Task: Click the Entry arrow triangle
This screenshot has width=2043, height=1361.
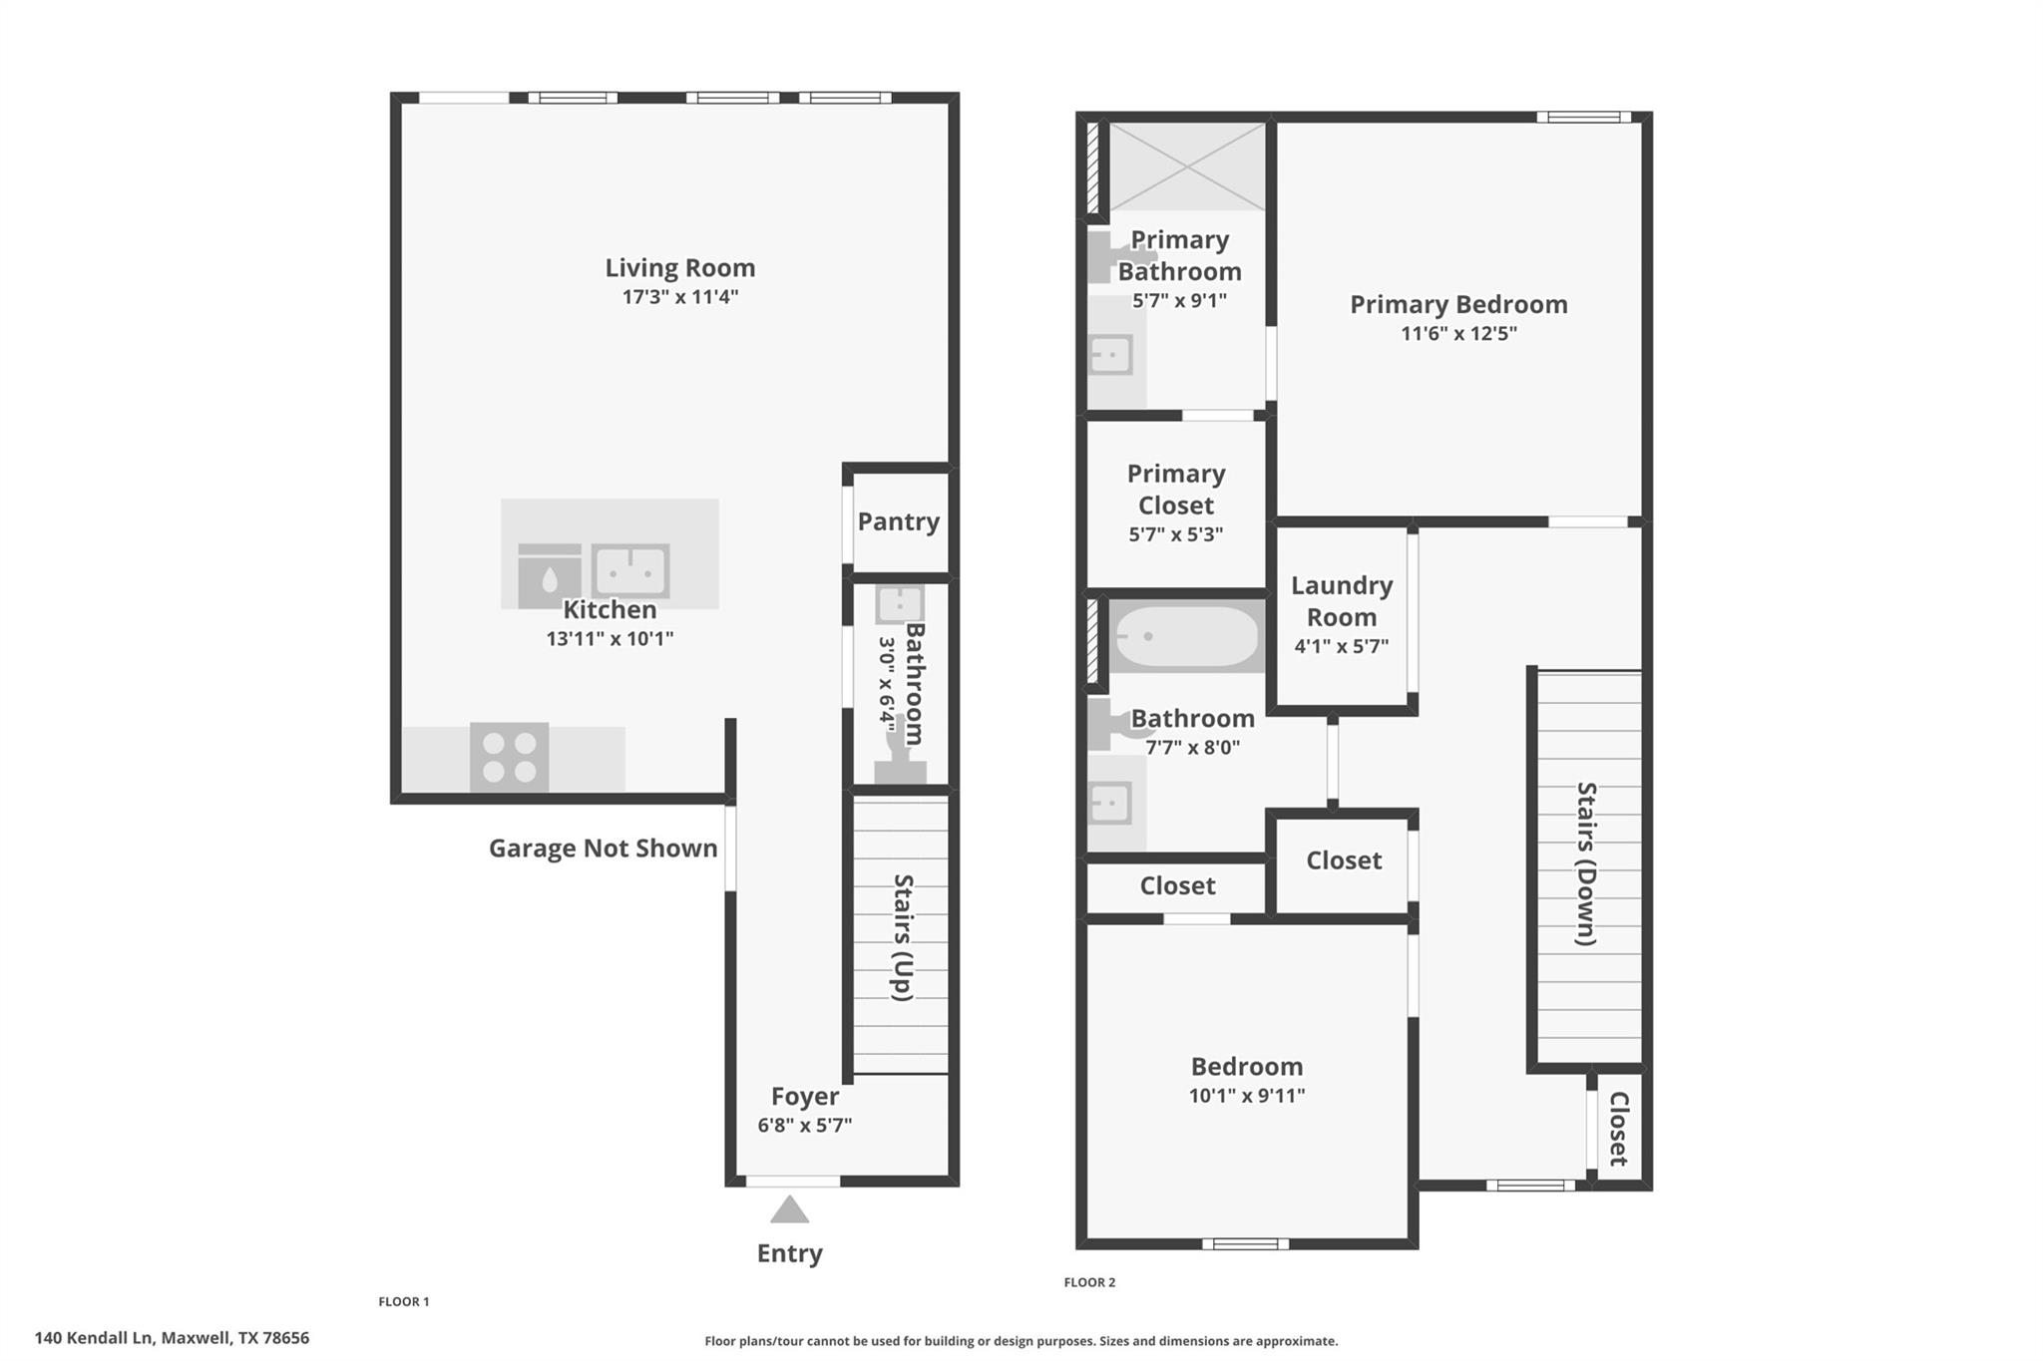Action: [789, 1210]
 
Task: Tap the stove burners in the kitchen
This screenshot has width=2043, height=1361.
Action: [509, 757]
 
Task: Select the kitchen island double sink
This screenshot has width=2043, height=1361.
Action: [629, 571]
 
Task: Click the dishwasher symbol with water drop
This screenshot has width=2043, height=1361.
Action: [549, 576]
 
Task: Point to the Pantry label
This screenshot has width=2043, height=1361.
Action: [898, 521]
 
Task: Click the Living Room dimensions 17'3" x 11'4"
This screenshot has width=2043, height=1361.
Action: [679, 297]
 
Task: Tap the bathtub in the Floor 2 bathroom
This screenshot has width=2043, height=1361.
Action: [1185, 636]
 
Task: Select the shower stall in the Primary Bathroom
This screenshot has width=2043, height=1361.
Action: [1186, 167]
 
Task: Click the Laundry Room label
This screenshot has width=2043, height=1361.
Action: [1341, 601]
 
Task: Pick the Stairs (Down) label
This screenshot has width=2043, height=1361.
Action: [1586, 863]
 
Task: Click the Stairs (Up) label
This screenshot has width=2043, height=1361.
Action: [903, 937]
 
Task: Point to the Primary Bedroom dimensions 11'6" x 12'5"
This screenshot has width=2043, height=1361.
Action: [1458, 334]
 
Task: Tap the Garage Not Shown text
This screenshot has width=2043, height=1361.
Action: [603, 849]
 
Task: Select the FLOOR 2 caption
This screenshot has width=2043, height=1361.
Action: [1089, 1282]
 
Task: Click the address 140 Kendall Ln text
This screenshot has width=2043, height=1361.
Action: [172, 1338]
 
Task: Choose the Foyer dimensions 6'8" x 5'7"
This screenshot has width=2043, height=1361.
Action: [804, 1126]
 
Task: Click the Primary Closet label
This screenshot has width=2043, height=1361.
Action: [1175, 490]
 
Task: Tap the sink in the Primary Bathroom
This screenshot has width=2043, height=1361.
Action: [1110, 354]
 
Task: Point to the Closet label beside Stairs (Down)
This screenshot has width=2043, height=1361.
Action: [1618, 1129]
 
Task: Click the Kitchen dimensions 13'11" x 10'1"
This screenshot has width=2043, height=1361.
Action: [610, 639]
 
